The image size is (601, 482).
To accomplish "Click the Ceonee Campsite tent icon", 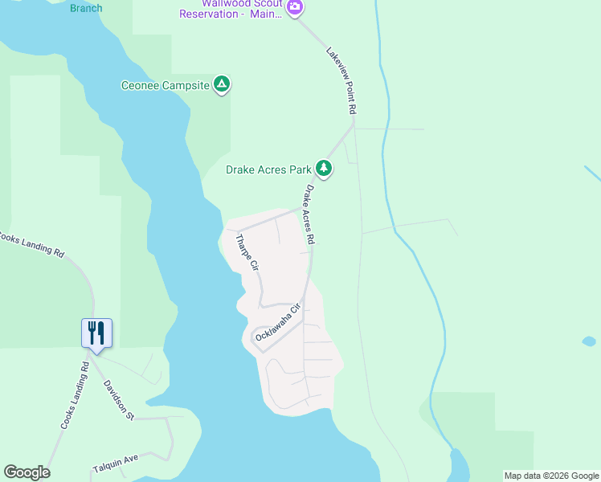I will (x=223, y=84).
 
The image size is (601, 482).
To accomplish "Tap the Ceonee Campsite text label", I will (x=165, y=85).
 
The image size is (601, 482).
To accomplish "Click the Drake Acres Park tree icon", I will (x=324, y=168).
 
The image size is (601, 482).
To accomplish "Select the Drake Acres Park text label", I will (x=268, y=170).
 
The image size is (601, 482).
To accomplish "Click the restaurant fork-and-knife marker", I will (x=96, y=333).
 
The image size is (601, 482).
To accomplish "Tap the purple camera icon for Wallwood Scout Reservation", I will (x=295, y=7).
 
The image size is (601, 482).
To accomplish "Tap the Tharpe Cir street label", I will (x=247, y=252).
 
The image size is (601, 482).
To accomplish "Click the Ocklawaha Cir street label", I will (x=278, y=323).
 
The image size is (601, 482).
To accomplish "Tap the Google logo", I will (x=27, y=472).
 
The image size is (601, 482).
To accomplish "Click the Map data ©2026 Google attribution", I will (x=551, y=476).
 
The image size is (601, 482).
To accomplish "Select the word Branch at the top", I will (x=86, y=8).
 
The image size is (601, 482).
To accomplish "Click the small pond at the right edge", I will (x=589, y=341).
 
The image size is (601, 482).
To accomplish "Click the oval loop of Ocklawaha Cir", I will (x=263, y=334).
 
